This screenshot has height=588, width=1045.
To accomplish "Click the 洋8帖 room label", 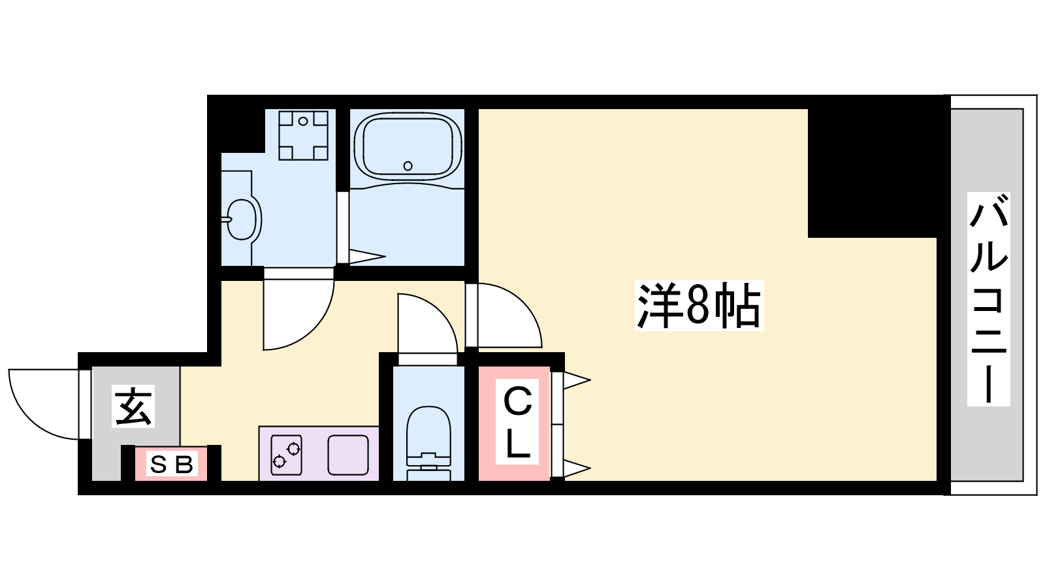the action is click(699, 306).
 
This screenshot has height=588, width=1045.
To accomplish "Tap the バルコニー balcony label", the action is click(988, 299).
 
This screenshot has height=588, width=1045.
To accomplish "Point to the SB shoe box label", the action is click(171, 465).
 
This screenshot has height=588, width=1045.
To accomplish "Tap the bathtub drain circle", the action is click(408, 166).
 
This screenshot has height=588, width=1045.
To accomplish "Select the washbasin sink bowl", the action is click(242, 220).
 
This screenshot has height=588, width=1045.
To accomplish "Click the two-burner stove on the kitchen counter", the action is click(286, 455).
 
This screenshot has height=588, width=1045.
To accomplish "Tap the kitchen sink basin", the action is click(348, 455).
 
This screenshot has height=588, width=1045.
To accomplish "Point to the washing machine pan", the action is click(303, 135).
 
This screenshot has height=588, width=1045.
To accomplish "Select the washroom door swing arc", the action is click(298, 315).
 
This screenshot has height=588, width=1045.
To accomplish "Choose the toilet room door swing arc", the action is click(428, 323).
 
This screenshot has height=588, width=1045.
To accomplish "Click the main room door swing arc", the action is click(504, 316).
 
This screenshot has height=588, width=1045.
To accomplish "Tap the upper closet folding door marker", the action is click(577, 380).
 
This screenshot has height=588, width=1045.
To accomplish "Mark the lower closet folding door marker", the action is click(577, 468).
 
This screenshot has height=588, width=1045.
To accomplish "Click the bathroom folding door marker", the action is click(367, 256).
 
